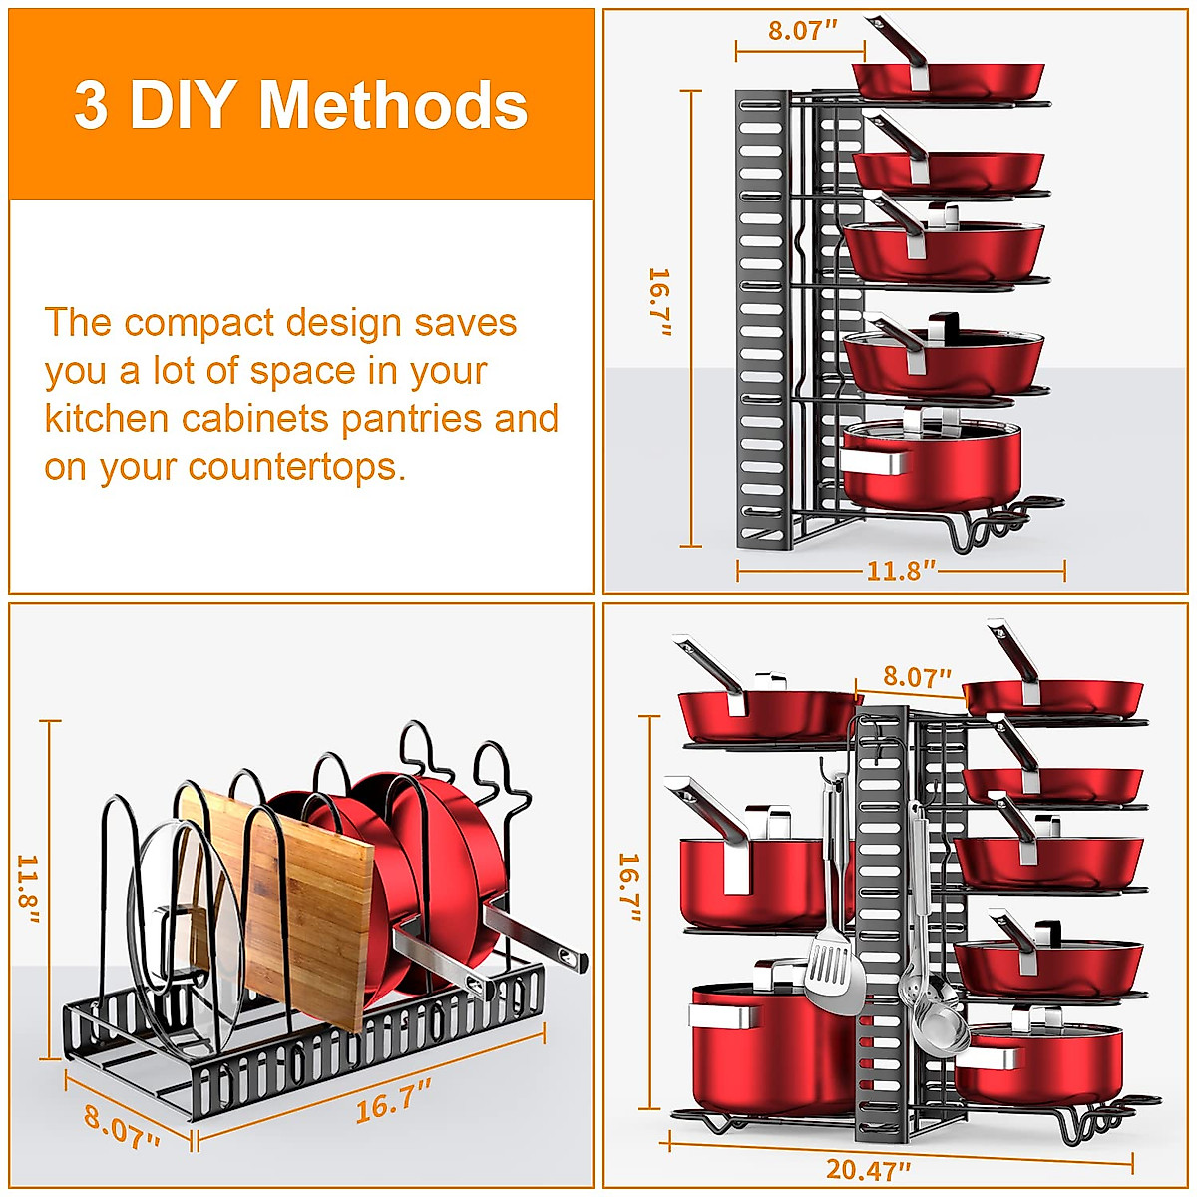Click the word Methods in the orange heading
tap(393, 106)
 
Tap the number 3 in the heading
tap(91, 106)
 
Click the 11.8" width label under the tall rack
tap(901, 571)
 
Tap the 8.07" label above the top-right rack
tap(801, 30)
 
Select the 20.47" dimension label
tap(868, 1168)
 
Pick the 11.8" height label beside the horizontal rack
tap(27, 888)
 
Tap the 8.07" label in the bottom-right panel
tap(916, 678)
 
